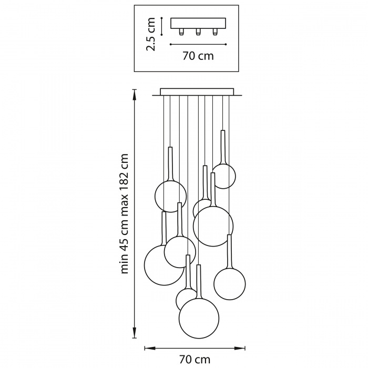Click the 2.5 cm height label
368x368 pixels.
[x=151, y=34]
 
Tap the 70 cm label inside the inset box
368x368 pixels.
[x=198, y=56]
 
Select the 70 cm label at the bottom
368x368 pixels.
[x=195, y=359]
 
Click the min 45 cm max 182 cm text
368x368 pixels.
[x=125, y=213]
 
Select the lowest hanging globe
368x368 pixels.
[x=199, y=318]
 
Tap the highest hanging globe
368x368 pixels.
[x=224, y=176]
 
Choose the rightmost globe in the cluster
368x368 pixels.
[x=230, y=284]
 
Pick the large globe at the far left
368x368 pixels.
[x=164, y=265]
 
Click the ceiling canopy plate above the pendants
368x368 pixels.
[x=197, y=92]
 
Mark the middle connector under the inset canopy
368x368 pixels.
[x=198, y=32]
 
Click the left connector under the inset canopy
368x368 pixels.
[x=181, y=32]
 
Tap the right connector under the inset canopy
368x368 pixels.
[x=214, y=32]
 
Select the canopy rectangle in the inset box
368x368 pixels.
[x=198, y=23]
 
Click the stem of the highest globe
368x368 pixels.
[x=223, y=147]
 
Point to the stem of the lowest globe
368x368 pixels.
[x=199, y=282]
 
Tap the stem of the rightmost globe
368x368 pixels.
[x=229, y=252]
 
